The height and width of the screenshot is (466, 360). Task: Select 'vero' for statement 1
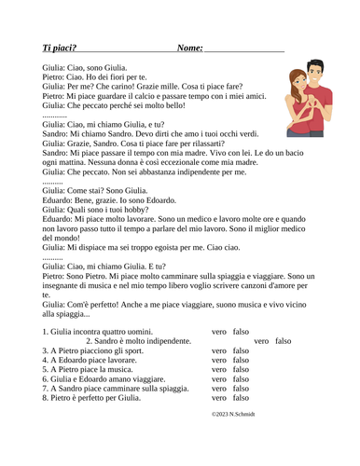tap(219, 331)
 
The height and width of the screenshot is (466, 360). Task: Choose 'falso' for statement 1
tap(241, 331)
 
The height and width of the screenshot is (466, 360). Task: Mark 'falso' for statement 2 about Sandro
tap(284, 341)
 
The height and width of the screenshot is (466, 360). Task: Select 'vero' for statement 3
tap(219, 351)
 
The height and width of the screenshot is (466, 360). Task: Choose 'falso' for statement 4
tap(241, 361)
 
